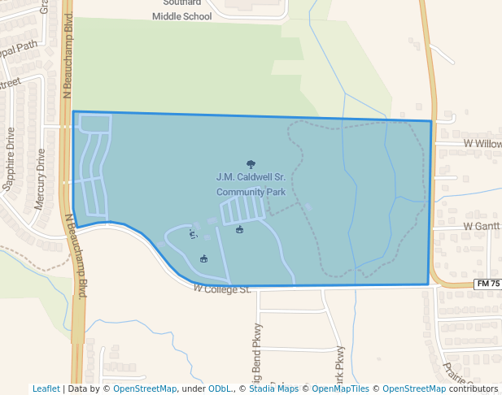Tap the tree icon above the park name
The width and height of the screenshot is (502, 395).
point(250,163)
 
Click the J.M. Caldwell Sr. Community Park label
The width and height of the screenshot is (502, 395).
point(251,184)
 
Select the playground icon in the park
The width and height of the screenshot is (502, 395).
point(193,235)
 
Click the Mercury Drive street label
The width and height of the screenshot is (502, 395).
point(40,179)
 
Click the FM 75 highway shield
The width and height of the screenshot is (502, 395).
point(487,284)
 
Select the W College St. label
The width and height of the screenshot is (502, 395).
point(222,289)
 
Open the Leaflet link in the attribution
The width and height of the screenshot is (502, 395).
point(46,389)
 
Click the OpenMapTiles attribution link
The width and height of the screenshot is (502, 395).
point(340,389)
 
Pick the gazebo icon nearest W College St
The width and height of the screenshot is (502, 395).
point(203,259)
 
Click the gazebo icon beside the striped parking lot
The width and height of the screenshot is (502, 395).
point(239,230)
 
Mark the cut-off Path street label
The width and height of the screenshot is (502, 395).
point(20,46)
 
